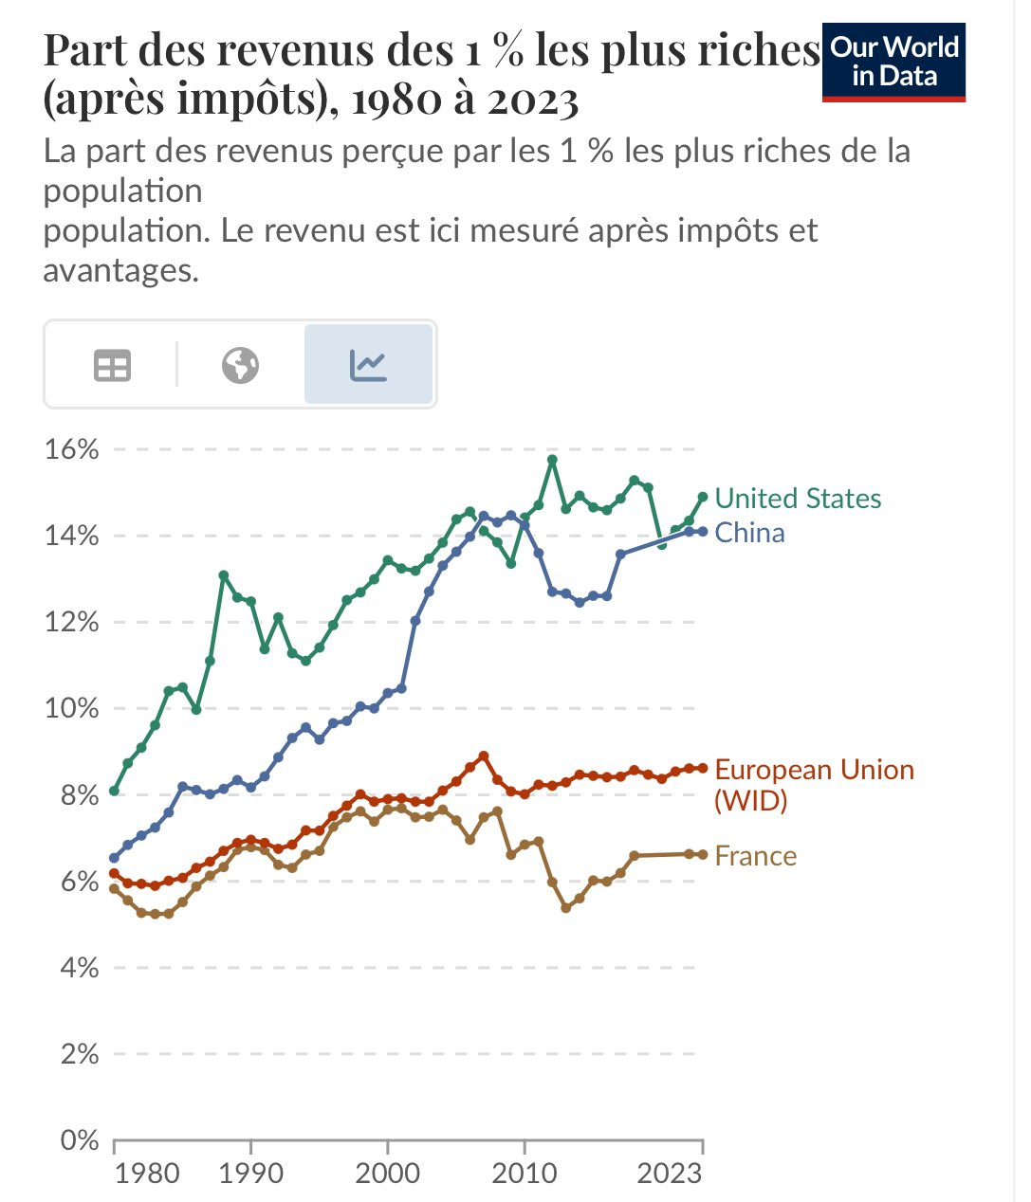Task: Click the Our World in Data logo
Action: pos(893,63)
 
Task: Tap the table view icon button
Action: pos(112,365)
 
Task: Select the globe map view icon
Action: pos(240,365)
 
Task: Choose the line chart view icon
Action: pos(368,365)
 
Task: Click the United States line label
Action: pos(797,499)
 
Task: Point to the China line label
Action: pos(749,533)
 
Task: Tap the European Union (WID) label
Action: pos(814,784)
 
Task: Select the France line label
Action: pos(755,856)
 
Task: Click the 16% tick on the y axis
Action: pos(72,449)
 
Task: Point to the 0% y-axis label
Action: pos(80,1139)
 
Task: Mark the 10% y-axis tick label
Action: pos(72,708)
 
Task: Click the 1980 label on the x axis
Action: pos(146,1174)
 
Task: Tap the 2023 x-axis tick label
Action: pos(669,1174)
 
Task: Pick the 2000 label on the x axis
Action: pos(387,1174)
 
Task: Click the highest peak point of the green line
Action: pos(552,460)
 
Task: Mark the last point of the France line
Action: pos(703,854)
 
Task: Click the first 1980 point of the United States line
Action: pos(114,791)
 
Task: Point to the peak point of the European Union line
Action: pos(484,756)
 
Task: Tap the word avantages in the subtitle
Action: pos(120,271)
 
